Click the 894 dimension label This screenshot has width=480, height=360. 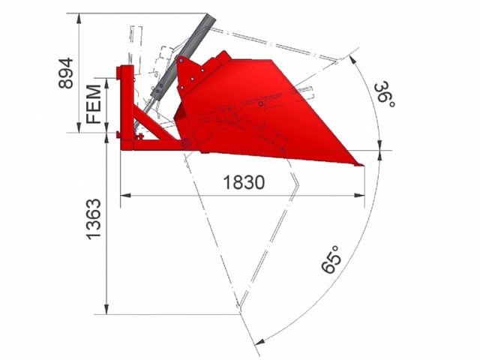click(66, 73)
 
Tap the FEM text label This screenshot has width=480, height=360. click(94, 104)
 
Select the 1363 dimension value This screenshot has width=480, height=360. click(93, 219)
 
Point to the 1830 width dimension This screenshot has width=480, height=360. click(244, 182)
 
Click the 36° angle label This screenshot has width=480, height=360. click(384, 94)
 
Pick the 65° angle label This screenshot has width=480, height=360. click(331, 259)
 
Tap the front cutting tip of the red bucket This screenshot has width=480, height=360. click(363, 165)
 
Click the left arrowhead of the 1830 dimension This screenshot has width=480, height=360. click(125, 195)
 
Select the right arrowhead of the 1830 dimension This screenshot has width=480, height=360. click(359, 195)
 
